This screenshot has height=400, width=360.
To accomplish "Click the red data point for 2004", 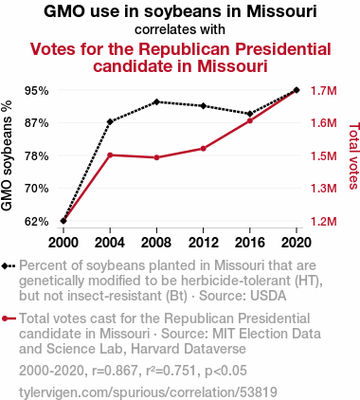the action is pos(110,155).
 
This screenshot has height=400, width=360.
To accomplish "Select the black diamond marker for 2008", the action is pos(156,102).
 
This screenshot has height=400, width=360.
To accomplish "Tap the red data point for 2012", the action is pos(203,149).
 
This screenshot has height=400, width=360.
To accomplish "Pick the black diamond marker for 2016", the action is pos(250,114).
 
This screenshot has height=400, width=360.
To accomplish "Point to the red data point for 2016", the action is pos(250,120).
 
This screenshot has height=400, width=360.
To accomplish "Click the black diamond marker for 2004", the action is pos(110,121).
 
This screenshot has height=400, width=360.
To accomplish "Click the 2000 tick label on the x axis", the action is pos(63,243).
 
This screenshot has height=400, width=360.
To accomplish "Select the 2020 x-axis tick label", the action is pos(297,243).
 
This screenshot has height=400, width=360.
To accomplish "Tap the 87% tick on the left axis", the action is pos(37,123).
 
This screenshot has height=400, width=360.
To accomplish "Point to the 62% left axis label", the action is pos(37,222).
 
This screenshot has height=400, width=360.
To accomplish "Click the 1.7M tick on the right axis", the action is pos(324,91).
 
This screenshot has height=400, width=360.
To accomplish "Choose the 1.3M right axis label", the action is pos(324,189).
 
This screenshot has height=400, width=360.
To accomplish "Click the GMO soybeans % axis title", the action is pos(7,155).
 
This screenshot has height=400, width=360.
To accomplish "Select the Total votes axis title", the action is pos(354,156).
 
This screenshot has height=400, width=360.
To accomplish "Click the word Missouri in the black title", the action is pos(281,11).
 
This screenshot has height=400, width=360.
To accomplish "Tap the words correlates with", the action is pos(180,29).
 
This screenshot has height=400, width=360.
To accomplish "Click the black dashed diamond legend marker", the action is pos(9,265).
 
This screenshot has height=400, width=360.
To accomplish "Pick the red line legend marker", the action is pos(9,318).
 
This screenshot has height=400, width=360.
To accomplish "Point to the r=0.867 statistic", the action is pos(115,371).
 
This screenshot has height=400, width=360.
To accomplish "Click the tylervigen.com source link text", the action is pos(148,392).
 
